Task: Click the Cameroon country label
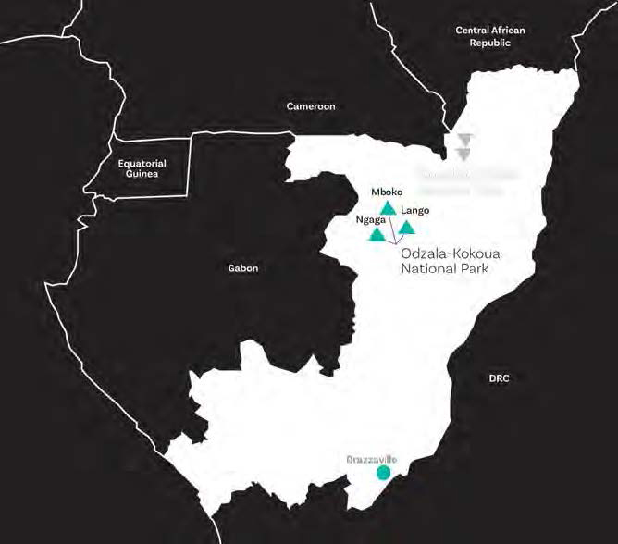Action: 310,106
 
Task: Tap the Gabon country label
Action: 243,268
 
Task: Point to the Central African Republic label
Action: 489,36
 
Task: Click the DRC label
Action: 499,378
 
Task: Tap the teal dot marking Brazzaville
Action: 383,473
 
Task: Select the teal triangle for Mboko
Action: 389,208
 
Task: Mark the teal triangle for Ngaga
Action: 377,235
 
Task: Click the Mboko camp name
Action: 387,192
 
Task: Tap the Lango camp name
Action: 415,210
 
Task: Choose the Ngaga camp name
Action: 370,220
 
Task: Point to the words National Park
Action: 443,269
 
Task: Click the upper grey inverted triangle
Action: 464,140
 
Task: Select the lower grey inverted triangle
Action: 464,155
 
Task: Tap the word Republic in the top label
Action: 489,43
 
